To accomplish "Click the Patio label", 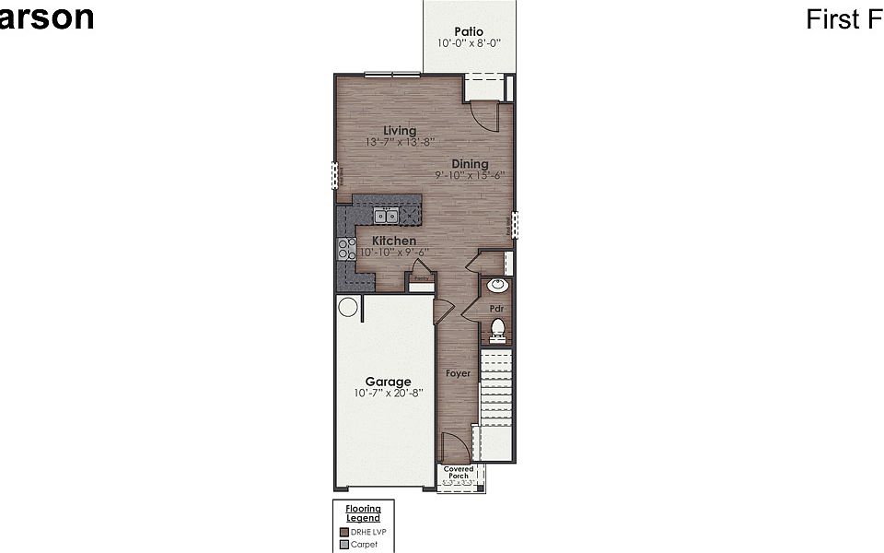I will click(x=469, y=32).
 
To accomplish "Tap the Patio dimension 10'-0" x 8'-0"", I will click(x=469, y=43).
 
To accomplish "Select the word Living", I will click(x=400, y=131).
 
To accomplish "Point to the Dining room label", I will click(x=470, y=164).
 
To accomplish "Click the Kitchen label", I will click(x=393, y=241).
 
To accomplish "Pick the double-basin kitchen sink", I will click(x=386, y=217).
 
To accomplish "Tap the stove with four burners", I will click(x=346, y=247).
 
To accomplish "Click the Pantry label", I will click(x=421, y=277).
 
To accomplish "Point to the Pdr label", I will click(x=495, y=308).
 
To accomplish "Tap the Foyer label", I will click(x=458, y=373).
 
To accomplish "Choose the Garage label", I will click(x=388, y=382).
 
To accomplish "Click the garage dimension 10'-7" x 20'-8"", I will click(x=388, y=393).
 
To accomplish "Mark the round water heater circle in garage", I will click(x=348, y=307).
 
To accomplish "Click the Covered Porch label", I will click(x=459, y=473).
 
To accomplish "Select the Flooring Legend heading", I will click(x=363, y=513).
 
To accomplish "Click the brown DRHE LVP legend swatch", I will click(x=344, y=532).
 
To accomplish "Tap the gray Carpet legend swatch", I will click(x=344, y=545).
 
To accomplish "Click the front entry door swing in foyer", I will click(x=454, y=450).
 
